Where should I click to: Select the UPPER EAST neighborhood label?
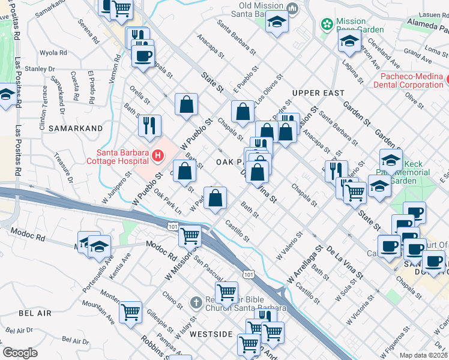click(x=318, y=93)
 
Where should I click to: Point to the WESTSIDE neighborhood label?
click(x=211, y=334)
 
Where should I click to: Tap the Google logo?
click(x=20, y=353)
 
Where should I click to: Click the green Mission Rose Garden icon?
click(x=327, y=25)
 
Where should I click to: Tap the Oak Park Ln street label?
click(x=167, y=202)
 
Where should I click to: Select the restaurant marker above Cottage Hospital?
click(x=149, y=125)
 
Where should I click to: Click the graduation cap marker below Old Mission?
click(x=277, y=23)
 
